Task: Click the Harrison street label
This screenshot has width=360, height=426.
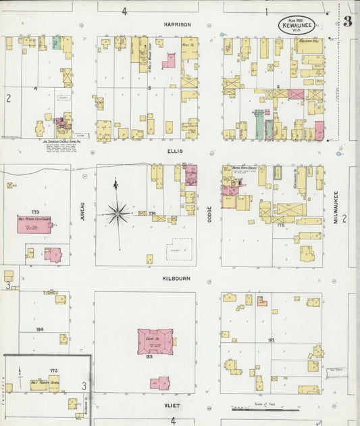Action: click(178, 24)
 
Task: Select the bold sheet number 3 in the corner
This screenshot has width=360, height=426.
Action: click(347, 21)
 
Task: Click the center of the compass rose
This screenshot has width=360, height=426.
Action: click(117, 214)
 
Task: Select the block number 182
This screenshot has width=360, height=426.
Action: click(271, 339)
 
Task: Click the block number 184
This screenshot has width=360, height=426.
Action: click(40, 329)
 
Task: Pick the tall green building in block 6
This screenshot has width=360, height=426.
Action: click(259, 124)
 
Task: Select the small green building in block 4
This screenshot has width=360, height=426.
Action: click(57, 43)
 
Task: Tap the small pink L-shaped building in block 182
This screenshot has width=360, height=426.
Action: click(261, 301)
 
